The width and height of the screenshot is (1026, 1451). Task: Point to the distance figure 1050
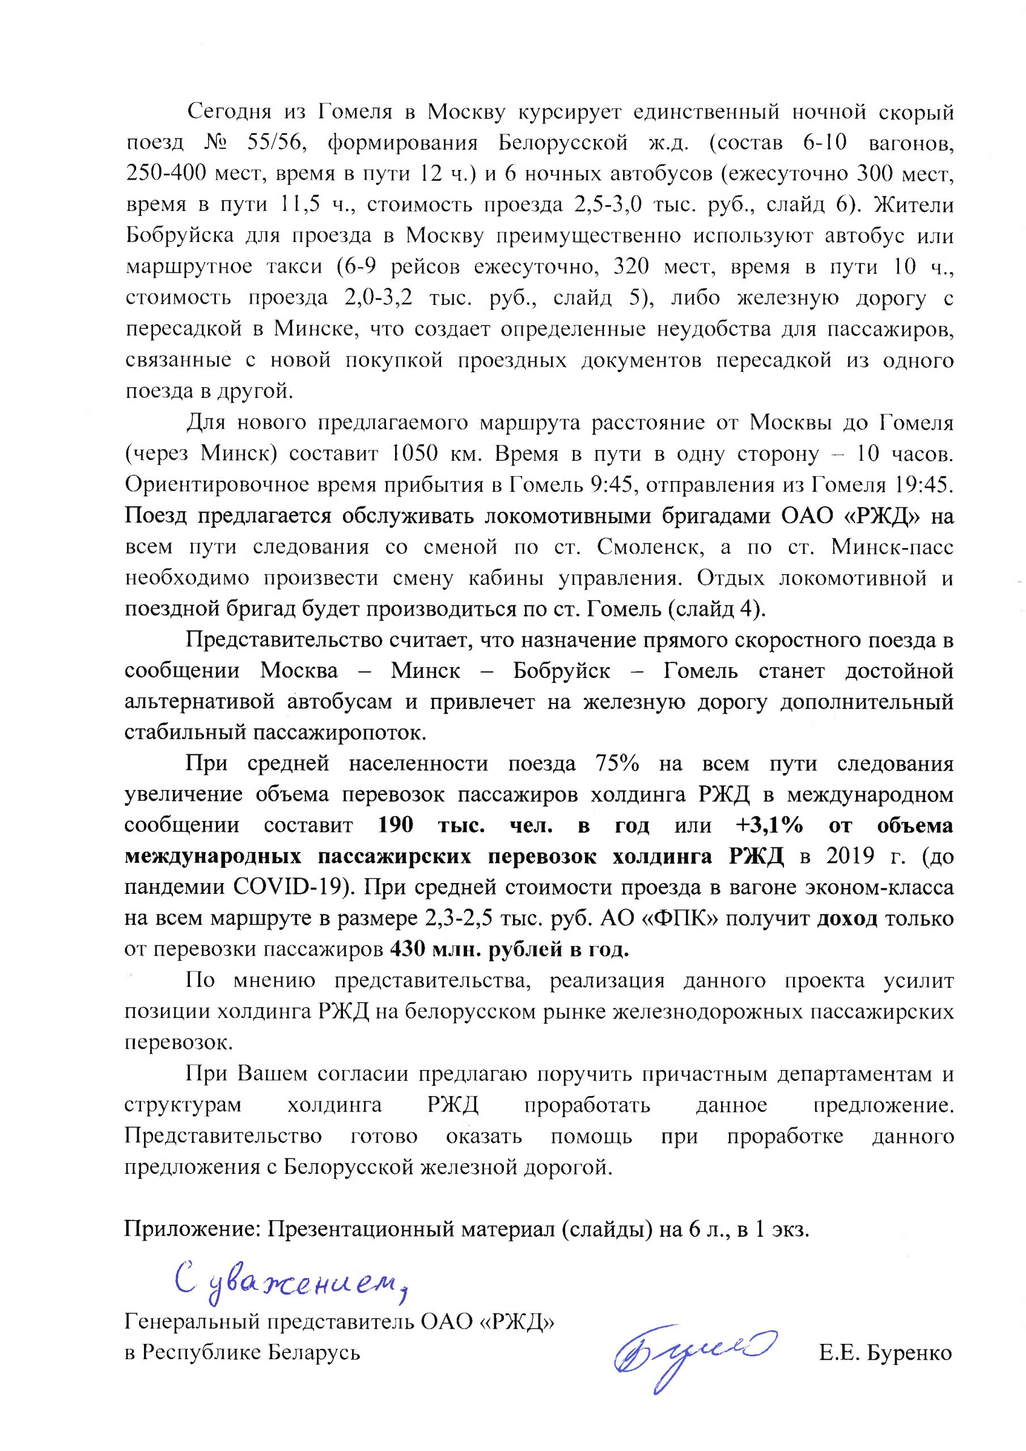(418, 454)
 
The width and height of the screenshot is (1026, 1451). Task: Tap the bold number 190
(395, 825)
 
